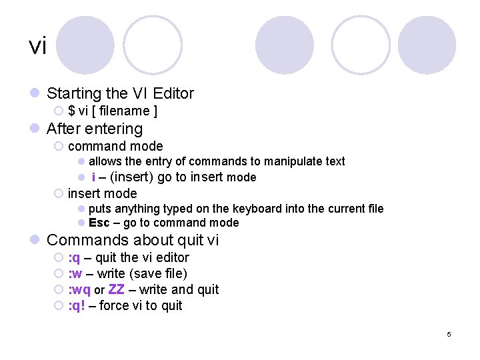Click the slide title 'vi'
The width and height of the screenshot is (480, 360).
coord(38,46)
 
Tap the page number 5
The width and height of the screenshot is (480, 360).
coord(449,334)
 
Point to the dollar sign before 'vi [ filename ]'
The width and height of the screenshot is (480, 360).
coord(71,111)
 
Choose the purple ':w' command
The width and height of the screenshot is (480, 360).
coord(75,273)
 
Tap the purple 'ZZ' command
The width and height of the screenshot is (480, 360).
coord(116,289)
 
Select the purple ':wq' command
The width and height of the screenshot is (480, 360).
coord(79,290)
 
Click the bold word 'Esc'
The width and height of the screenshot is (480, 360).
coord(99,223)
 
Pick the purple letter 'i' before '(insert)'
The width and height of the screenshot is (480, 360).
coord(93,177)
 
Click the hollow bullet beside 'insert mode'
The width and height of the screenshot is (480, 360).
coord(59,194)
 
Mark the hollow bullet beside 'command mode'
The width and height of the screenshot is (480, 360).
coord(59,146)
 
